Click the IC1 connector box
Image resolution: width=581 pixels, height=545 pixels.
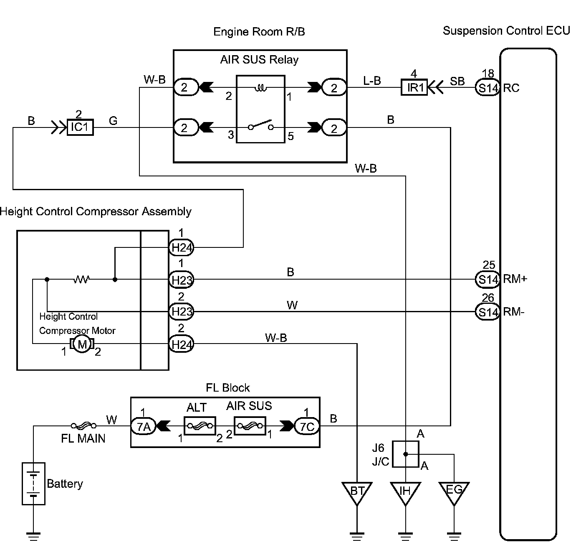80,127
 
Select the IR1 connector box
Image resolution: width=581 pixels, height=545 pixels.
414,87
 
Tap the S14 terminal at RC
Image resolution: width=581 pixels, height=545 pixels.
488,87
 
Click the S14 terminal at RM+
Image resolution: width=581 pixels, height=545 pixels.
488,279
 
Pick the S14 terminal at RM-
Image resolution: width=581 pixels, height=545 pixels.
488,312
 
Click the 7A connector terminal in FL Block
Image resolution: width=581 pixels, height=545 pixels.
143,426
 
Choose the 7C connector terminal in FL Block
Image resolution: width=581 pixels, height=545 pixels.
307,426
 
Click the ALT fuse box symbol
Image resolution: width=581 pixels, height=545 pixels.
200,426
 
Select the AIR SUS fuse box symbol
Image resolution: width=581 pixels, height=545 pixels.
250,425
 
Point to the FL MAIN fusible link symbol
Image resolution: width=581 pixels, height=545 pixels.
83,425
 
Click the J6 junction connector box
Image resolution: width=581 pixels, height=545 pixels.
405,454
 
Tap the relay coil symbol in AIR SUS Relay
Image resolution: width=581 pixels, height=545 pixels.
261,87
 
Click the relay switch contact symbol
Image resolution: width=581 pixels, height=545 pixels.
261,125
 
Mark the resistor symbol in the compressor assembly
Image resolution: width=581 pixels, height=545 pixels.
81,279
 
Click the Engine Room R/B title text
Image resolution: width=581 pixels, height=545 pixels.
259,32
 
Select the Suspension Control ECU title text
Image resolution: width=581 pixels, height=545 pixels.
506,31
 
